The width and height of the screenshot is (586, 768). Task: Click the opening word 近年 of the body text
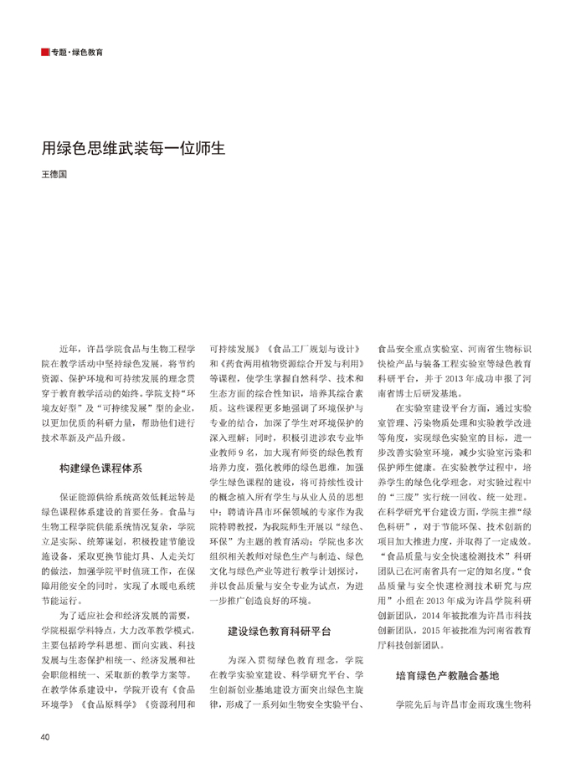[x=70, y=346]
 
